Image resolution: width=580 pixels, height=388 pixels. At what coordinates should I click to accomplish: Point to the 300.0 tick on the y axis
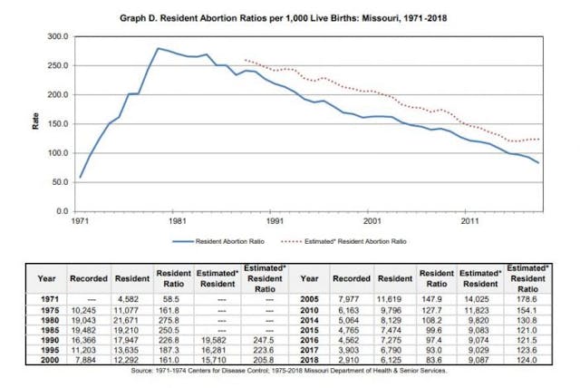pyautogui.click(x=56, y=36)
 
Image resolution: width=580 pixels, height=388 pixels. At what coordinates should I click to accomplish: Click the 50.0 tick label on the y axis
pyautogui.click(x=58, y=181)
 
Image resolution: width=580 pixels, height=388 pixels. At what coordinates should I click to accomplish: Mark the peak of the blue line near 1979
pyautogui.click(x=159, y=48)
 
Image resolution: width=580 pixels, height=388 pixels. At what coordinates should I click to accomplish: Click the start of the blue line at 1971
pyautogui.click(x=81, y=177)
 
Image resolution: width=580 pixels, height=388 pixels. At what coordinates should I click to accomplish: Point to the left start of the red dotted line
pyautogui.click(x=246, y=60)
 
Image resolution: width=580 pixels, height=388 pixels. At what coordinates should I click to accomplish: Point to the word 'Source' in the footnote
pyautogui.click(x=144, y=371)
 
